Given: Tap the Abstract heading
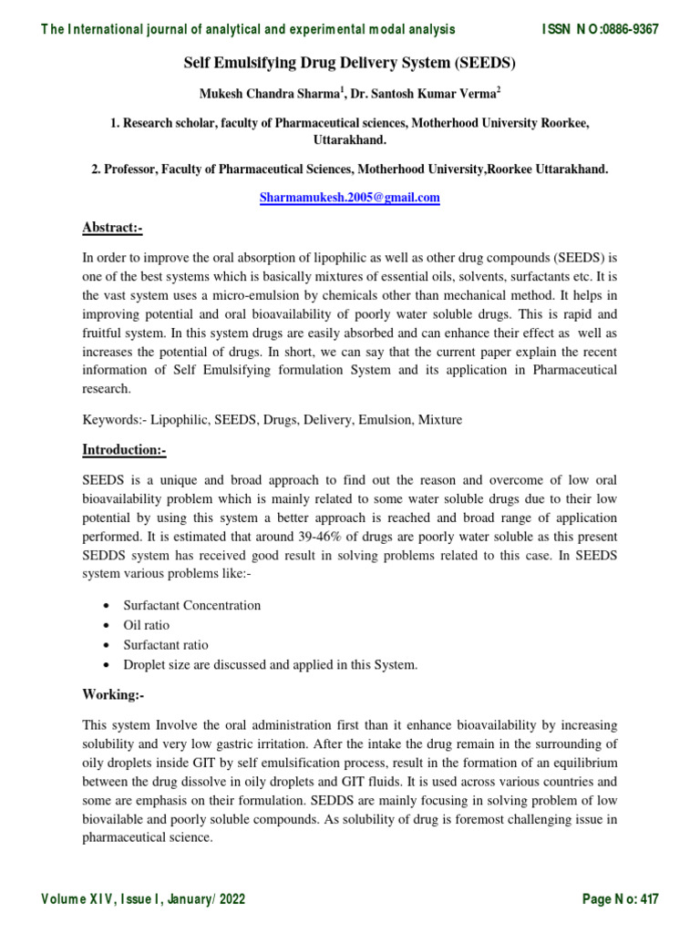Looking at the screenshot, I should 112,228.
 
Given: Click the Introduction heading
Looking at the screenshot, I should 124,450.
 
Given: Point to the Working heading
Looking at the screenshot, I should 113,694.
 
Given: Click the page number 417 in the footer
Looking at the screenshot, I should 649,899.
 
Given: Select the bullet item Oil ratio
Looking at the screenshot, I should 147,625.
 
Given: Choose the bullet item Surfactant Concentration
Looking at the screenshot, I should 192,605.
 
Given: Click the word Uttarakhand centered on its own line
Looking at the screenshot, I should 350,140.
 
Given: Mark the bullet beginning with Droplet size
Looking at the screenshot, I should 270,665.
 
